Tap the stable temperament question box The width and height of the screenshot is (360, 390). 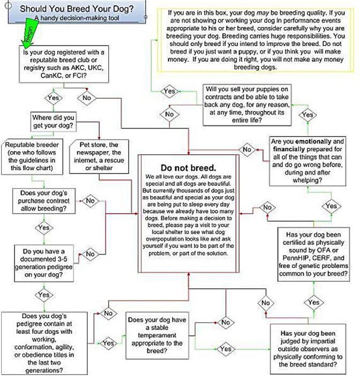point(157,335)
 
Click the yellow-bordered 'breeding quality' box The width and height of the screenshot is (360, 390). point(254,40)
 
